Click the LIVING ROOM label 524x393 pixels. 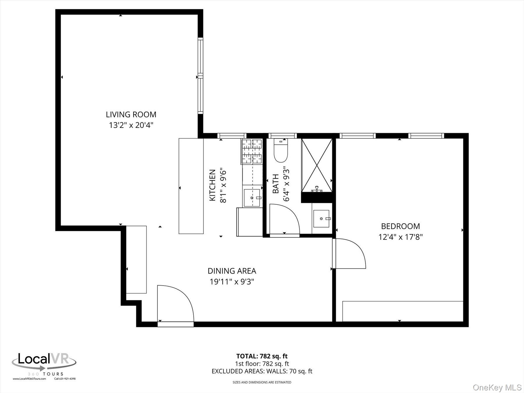tap(131, 114)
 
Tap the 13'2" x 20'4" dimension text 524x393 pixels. tap(131, 125)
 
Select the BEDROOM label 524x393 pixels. tap(401, 226)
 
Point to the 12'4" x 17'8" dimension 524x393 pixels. tap(401, 237)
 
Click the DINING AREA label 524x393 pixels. tap(232, 271)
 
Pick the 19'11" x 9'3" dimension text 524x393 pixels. tap(232, 282)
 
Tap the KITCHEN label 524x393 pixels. tap(213, 185)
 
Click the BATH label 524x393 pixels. tap(275, 184)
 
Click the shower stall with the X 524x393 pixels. tap(317, 165)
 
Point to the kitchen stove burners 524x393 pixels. tap(252, 151)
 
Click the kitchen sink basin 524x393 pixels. tap(252, 198)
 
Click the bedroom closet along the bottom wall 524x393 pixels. tap(403, 311)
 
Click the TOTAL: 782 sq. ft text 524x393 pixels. tap(262, 356)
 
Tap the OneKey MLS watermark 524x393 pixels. tap(497, 387)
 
